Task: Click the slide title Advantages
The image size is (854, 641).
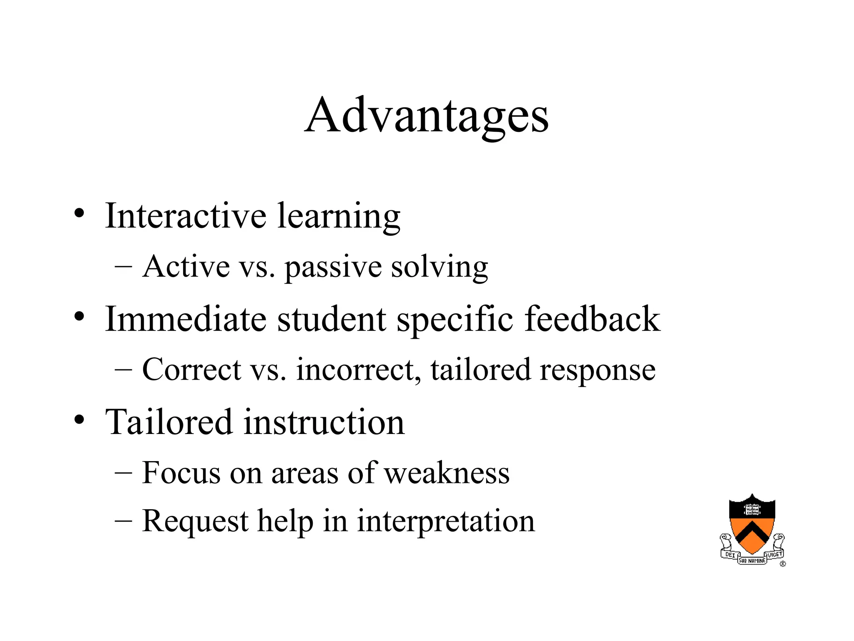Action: (426, 115)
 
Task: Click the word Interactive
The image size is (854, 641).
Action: (186, 216)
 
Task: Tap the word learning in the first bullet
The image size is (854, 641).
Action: (339, 217)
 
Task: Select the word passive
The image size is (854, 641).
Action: (333, 268)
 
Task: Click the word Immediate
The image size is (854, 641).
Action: (186, 319)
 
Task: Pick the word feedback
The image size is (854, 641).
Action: (592, 319)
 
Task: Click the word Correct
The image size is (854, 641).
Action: (192, 370)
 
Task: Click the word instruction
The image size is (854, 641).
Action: (324, 422)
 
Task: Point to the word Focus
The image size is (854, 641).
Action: (181, 473)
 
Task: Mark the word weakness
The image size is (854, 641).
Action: (447, 473)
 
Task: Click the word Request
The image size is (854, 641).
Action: (195, 522)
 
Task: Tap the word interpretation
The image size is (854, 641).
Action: (446, 522)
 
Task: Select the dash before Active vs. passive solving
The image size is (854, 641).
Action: (123, 266)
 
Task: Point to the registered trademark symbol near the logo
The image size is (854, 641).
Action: (783, 564)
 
